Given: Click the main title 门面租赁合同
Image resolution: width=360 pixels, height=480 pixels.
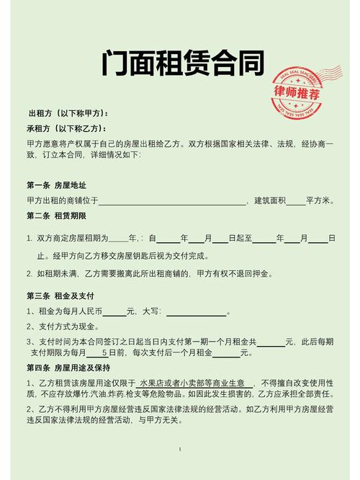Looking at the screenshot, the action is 180,66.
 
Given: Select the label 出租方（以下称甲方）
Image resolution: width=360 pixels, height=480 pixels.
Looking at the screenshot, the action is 68,114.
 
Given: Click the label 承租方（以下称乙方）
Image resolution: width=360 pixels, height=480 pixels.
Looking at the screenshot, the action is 68,128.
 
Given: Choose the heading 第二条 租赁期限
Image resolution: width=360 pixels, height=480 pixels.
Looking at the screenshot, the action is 57,215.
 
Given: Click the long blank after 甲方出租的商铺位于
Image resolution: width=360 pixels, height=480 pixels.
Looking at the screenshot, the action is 172,200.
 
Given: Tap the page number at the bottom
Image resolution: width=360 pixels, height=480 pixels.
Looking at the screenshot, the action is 179,449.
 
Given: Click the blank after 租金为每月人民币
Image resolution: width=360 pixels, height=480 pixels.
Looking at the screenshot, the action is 114,312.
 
